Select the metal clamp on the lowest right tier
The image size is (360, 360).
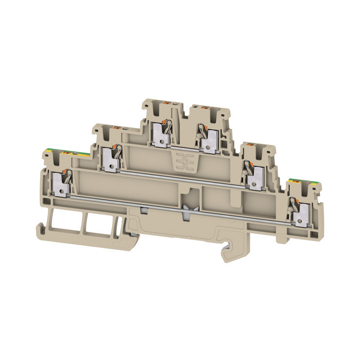(x=298, y=211)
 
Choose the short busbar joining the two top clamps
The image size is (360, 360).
(x=184, y=147)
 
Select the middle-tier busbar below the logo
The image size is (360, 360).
(x=180, y=178)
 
